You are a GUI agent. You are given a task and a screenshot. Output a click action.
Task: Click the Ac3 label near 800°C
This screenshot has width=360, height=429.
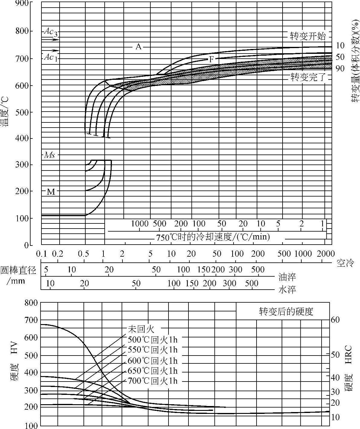tap(51, 32)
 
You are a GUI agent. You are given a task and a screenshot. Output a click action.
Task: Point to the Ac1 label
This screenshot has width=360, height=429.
tap(51, 57)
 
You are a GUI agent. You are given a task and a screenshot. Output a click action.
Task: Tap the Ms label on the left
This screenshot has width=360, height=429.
tap(50, 155)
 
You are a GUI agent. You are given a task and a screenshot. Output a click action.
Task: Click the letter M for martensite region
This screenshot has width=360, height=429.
tap(51, 192)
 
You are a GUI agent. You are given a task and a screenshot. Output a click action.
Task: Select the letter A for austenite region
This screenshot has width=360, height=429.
tap(138, 47)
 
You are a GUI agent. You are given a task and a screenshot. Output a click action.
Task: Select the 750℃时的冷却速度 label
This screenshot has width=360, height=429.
tap(213, 236)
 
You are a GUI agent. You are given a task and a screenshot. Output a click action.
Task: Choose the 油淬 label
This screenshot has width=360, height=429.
tap(287, 277)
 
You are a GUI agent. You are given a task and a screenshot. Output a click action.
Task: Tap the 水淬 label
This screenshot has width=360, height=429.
tap(287, 290)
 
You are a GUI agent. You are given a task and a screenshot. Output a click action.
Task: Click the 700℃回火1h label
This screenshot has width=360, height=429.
tap(153, 381)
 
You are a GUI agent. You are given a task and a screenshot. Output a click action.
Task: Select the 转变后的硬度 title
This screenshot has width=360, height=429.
tap(286, 311)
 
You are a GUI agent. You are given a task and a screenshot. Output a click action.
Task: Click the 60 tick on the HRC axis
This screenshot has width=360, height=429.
tap(335, 320)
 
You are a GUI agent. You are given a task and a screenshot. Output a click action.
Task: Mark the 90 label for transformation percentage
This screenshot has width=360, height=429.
tap(340, 69)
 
